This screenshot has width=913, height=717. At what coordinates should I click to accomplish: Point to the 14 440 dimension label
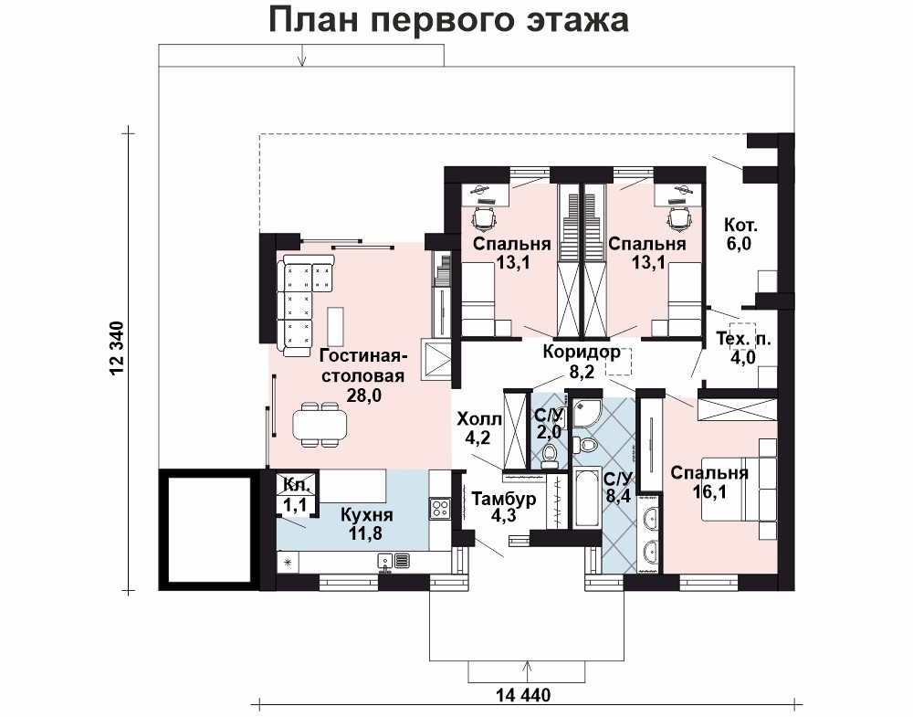(523, 695)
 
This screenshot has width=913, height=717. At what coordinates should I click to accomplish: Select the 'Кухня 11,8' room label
(366, 523)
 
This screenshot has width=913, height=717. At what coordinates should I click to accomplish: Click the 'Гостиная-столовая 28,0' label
(363, 375)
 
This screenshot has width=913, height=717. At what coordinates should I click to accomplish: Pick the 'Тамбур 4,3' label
(504, 508)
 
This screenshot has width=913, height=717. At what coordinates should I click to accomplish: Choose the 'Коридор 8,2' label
(581, 361)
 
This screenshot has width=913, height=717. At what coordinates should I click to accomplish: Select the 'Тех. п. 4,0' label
(743, 348)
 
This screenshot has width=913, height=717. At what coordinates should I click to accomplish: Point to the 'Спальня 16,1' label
(708, 481)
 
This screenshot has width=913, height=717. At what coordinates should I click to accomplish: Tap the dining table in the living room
(320, 425)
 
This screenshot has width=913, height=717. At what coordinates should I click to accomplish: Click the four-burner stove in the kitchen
(440, 509)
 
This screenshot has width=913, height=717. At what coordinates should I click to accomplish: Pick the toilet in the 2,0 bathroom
(550, 456)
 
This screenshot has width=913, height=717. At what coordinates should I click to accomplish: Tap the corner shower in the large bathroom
(585, 413)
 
